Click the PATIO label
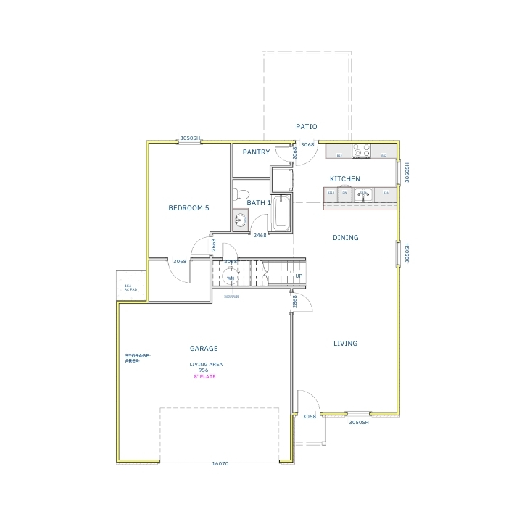(306, 127)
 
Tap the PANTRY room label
(256, 152)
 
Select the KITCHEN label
(345, 179)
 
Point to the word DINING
(345, 238)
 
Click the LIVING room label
(345, 344)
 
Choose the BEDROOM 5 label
(188, 208)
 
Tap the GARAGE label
(204, 349)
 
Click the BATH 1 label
(259, 203)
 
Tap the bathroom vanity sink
(240, 218)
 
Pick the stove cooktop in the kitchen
(361, 152)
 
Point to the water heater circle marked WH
(231, 278)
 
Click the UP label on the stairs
(299, 276)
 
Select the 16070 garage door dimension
(220, 463)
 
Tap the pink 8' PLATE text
(204, 377)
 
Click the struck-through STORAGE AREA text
(137, 357)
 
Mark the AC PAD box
(131, 287)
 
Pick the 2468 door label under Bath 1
(260, 235)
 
